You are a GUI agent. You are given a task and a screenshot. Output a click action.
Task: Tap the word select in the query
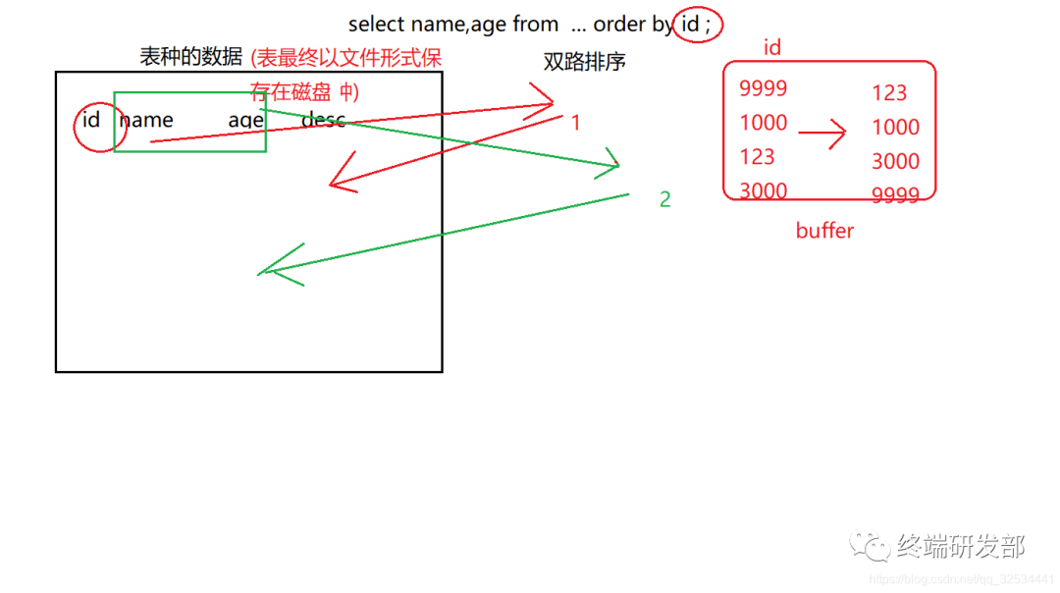click(x=375, y=24)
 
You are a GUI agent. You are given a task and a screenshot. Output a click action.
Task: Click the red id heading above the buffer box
click(x=772, y=47)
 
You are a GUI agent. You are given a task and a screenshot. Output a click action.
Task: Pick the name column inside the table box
click(x=146, y=121)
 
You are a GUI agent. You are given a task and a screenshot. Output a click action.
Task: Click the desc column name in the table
click(x=323, y=120)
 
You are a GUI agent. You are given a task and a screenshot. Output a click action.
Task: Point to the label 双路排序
click(x=584, y=62)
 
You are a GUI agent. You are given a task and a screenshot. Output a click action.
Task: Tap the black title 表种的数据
click(x=191, y=57)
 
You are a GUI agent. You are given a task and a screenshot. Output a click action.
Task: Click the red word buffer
click(x=824, y=231)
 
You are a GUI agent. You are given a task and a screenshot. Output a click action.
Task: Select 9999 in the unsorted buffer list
click(x=764, y=88)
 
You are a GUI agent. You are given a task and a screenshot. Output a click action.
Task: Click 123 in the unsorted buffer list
click(x=758, y=157)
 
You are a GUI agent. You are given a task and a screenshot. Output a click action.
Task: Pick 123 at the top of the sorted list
click(x=889, y=93)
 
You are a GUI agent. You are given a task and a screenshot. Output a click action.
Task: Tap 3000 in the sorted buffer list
click(x=896, y=161)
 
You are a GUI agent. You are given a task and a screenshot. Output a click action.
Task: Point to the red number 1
click(x=576, y=123)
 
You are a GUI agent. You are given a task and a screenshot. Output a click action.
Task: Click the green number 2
click(x=665, y=199)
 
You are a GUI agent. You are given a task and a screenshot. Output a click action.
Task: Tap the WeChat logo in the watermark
click(x=872, y=546)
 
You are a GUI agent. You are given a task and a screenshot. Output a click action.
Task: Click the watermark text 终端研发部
click(x=961, y=546)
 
